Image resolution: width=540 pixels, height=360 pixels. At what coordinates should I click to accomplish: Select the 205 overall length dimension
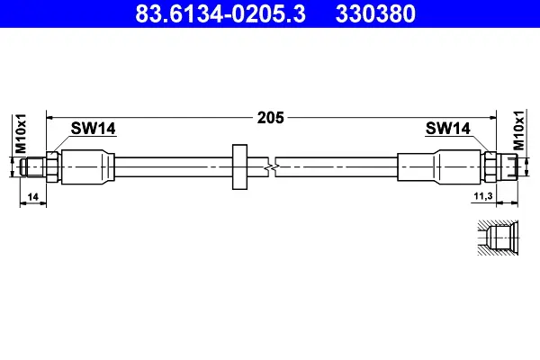click(270, 117)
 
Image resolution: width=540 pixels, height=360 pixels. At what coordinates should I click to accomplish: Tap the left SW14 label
click(94, 130)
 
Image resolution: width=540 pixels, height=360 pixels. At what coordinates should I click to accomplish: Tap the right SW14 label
click(447, 130)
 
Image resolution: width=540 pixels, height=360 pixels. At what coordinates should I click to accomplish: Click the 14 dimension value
click(32, 195)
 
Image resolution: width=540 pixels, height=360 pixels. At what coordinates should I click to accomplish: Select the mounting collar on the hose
click(239, 166)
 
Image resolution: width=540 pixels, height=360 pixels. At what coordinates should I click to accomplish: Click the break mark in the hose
click(271, 166)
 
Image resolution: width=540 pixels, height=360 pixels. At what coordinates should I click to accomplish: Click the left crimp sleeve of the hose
click(89, 166)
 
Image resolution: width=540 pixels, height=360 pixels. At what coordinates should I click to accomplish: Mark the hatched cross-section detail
click(498, 239)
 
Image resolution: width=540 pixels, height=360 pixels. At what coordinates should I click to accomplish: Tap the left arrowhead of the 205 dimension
click(51, 117)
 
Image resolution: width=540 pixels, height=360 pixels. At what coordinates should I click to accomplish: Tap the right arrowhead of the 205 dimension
click(491, 117)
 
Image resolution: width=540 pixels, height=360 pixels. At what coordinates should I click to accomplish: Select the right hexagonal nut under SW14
click(490, 166)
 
